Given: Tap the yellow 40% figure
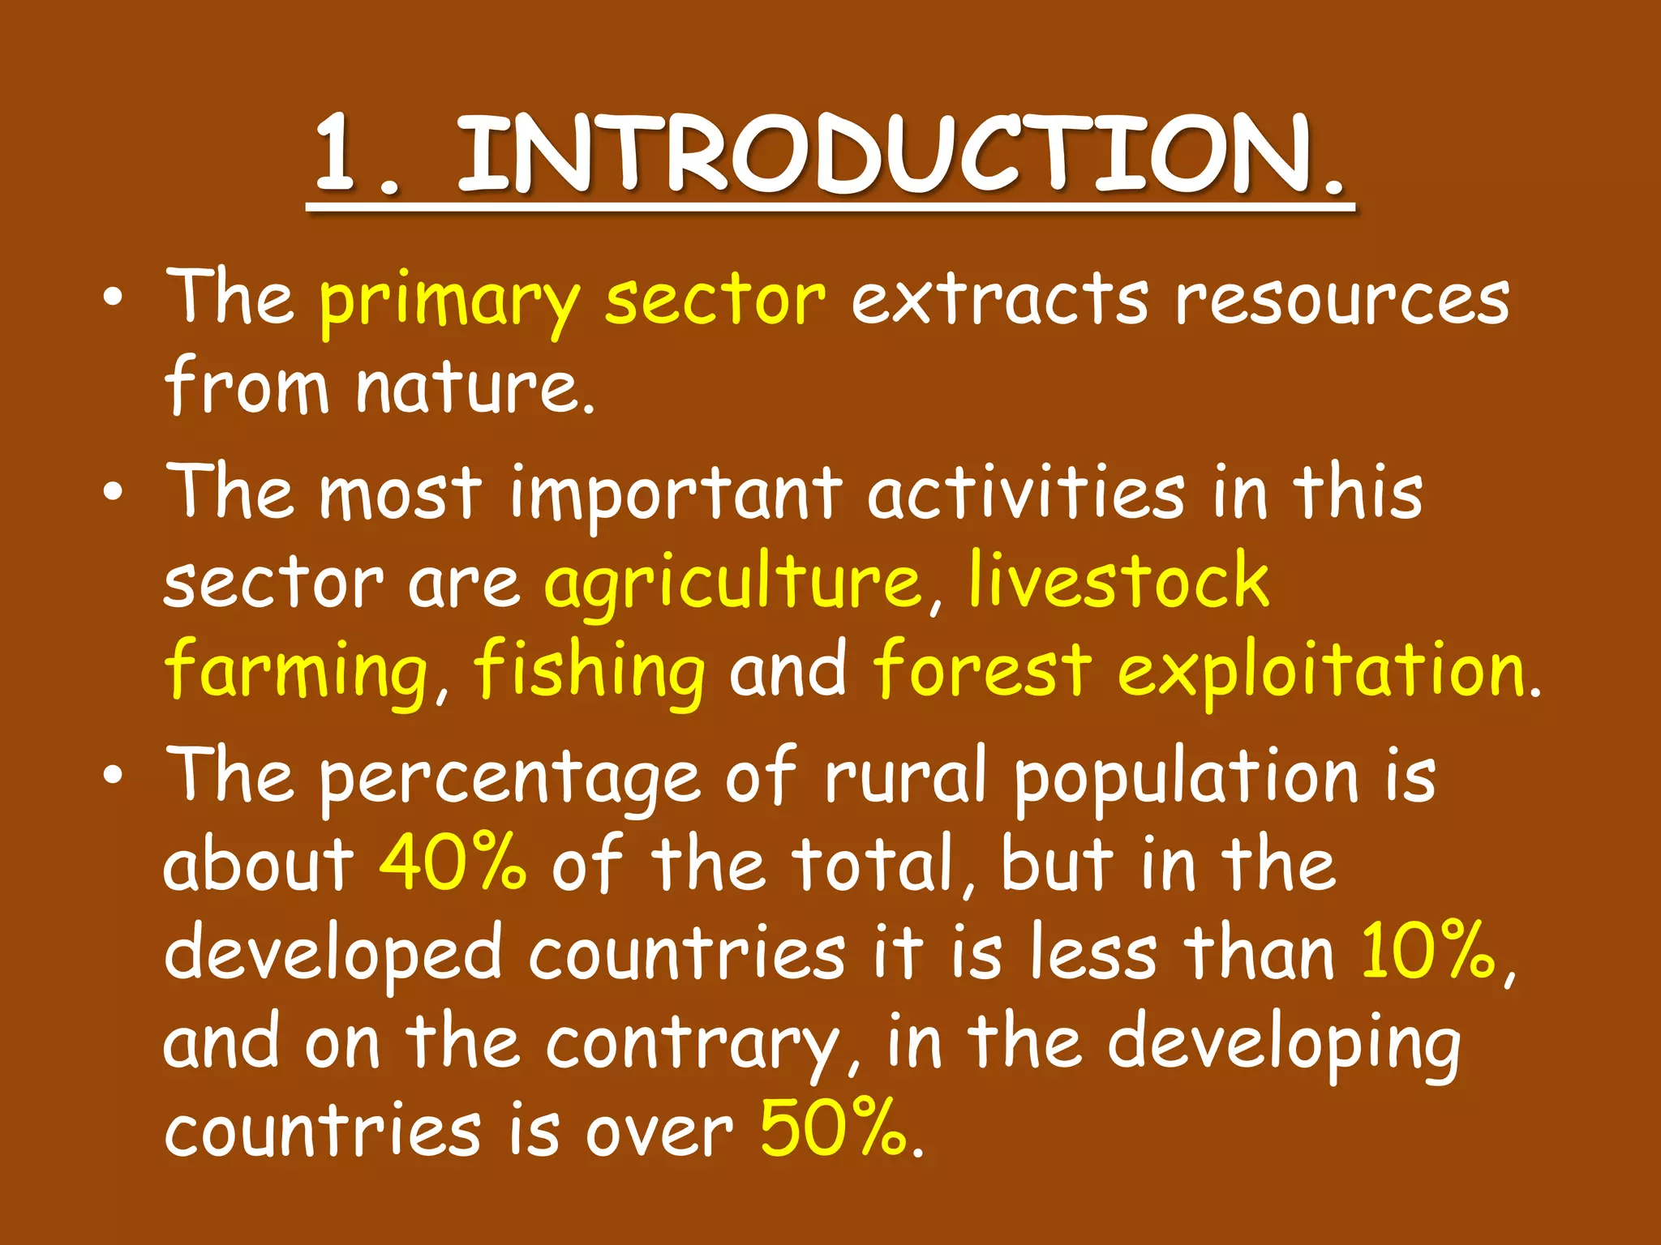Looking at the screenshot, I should (453, 862).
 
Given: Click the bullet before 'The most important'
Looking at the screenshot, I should (114, 491).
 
